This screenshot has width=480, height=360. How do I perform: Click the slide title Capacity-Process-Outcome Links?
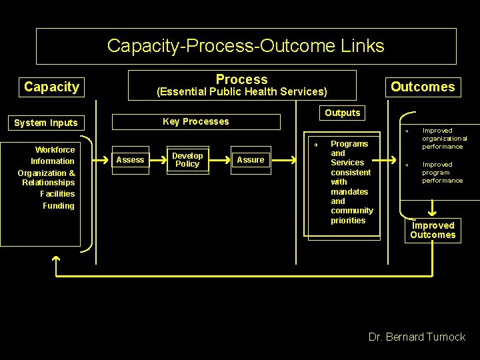pyautogui.click(x=245, y=46)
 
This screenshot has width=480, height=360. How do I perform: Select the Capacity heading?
pyautogui.click(x=51, y=87)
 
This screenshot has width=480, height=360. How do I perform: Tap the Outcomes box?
pyautogui.click(x=423, y=87)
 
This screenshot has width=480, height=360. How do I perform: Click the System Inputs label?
pyautogui.click(x=46, y=123)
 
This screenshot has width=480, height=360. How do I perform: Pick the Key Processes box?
pyautogui.click(x=196, y=121)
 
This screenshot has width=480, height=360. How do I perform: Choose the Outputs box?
pyautogui.click(x=343, y=113)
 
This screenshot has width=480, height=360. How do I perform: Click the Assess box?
pyautogui.click(x=130, y=160)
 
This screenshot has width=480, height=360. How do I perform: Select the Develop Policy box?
pyautogui.click(x=187, y=160)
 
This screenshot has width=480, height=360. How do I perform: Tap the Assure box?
pyautogui.click(x=251, y=160)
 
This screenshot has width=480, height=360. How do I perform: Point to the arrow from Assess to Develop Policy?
pyautogui.click(x=157, y=160)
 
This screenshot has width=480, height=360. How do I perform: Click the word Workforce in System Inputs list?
pyautogui.click(x=55, y=150)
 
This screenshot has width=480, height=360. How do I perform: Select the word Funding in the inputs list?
pyautogui.click(x=59, y=206)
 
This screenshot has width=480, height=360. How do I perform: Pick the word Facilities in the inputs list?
pyautogui.click(x=57, y=194)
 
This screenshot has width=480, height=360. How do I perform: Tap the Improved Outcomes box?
pyautogui.click(x=433, y=230)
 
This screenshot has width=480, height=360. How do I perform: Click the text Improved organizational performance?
pyautogui.click(x=445, y=139)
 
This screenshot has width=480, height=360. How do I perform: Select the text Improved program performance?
pyautogui.click(x=442, y=173)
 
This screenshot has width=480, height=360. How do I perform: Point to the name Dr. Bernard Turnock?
pyautogui.click(x=417, y=337)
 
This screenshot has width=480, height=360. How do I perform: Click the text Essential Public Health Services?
pyautogui.click(x=241, y=92)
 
